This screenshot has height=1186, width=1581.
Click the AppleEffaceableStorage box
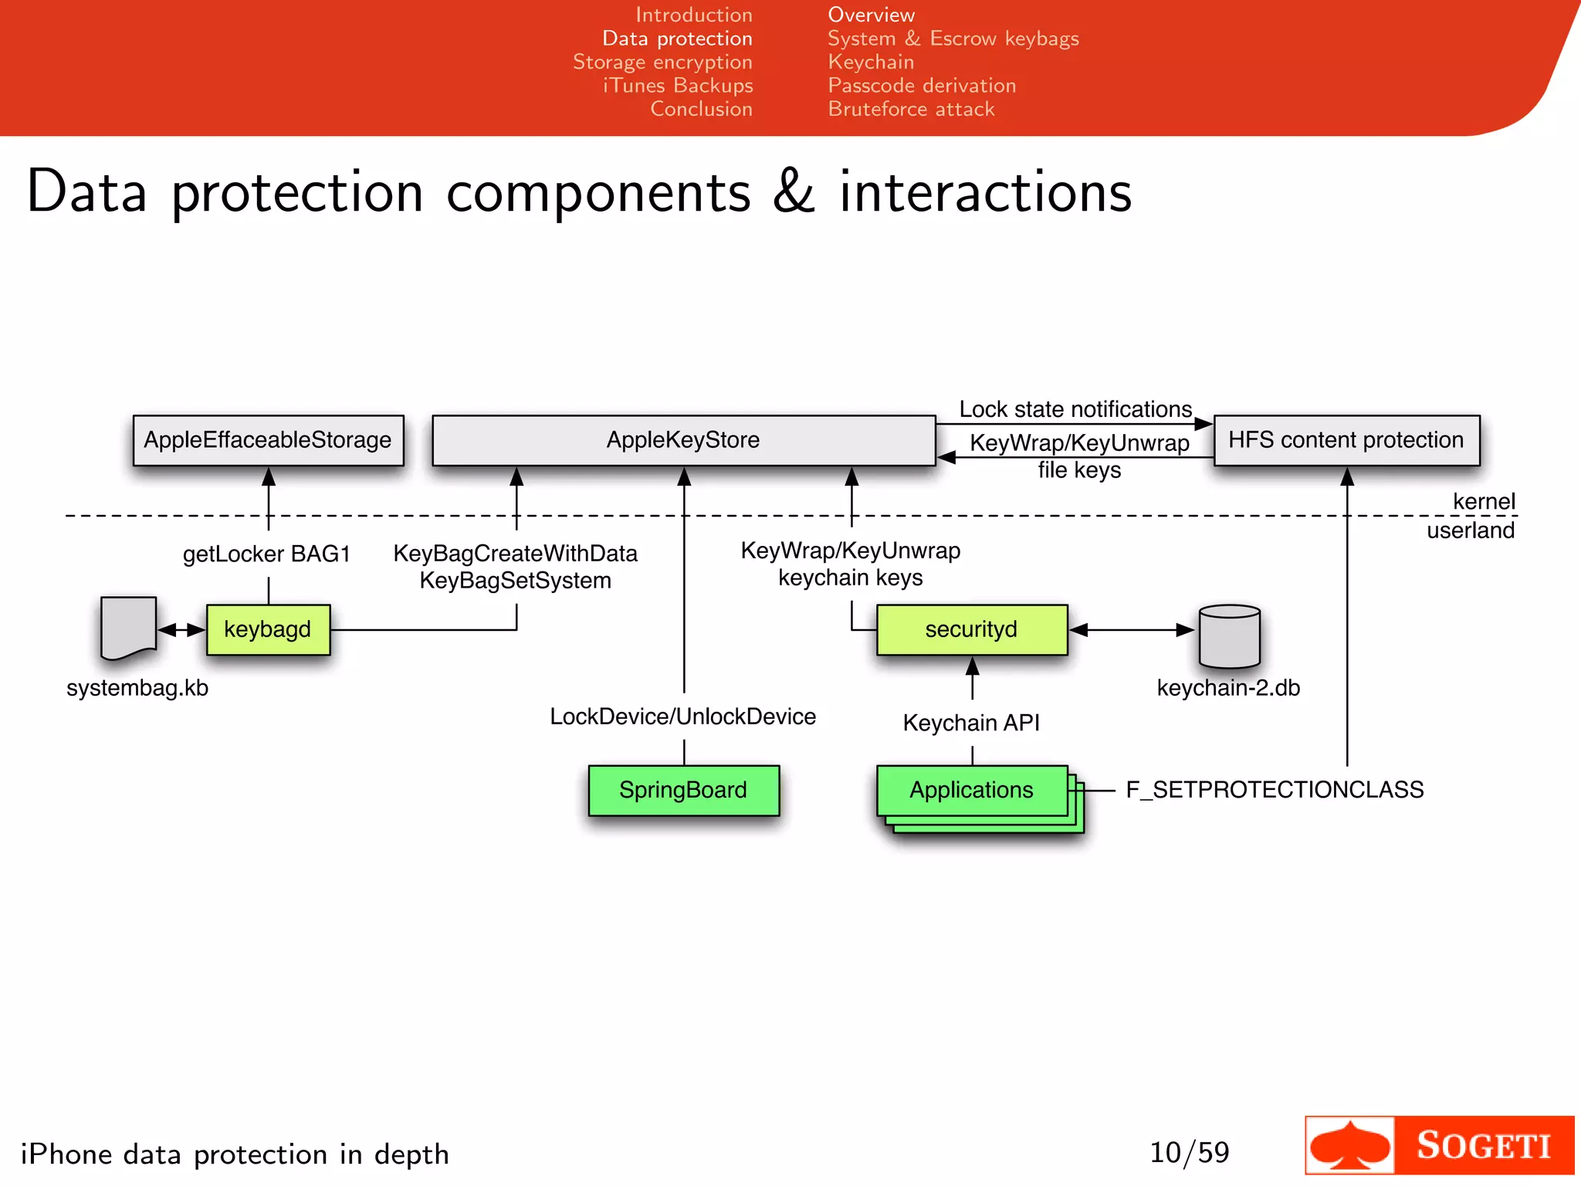click(x=268, y=440)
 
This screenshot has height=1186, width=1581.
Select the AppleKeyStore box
click(x=683, y=440)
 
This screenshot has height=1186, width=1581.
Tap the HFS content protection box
click(x=1346, y=440)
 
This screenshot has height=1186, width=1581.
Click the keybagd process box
click(x=268, y=629)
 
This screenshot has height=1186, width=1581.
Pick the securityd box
click(x=971, y=629)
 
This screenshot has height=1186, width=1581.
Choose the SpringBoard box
click(x=683, y=790)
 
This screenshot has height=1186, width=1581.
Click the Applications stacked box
click(x=971, y=790)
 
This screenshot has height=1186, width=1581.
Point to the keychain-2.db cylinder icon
click(x=1229, y=636)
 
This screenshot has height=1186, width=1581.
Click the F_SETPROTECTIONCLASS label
click(x=1275, y=790)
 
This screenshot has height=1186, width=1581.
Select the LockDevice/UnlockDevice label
click(x=682, y=717)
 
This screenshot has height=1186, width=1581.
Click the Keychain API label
click(x=971, y=723)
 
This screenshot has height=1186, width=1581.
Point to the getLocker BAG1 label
click(x=266, y=554)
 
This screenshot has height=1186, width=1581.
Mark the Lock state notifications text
click(x=1075, y=409)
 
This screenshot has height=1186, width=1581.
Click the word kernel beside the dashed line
click(x=1483, y=502)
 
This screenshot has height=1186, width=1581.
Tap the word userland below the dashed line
click(x=1470, y=530)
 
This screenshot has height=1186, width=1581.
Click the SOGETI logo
click(x=1439, y=1145)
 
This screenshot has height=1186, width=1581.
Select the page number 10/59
click(x=1189, y=1153)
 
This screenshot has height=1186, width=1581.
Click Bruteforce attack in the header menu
click(x=911, y=109)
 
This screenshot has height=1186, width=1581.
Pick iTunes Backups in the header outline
click(x=678, y=86)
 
